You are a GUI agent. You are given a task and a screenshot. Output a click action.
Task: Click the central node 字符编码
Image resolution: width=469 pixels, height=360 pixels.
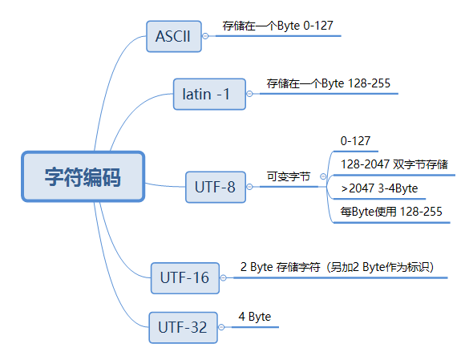click(x=83, y=177)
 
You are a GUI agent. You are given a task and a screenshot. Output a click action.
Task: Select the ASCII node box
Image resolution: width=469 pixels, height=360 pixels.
click(x=174, y=37)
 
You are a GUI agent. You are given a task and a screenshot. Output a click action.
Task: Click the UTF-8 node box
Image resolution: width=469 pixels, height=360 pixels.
click(x=215, y=187)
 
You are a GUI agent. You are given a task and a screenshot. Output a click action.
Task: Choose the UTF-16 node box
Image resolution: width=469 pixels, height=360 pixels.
click(x=184, y=278)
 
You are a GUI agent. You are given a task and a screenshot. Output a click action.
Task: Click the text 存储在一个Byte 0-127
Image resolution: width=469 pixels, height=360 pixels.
click(x=277, y=26)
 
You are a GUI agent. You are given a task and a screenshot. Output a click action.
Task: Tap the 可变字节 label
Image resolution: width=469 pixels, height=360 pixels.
click(x=288, y=176)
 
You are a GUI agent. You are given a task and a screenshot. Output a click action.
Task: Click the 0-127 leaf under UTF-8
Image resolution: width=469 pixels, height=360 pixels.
click(x=355, y=141)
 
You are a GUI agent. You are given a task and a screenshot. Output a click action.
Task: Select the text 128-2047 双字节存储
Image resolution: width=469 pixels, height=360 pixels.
click(x=394, y=164)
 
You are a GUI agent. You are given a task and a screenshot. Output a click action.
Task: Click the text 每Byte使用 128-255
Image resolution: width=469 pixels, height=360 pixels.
click(x=390, y=212)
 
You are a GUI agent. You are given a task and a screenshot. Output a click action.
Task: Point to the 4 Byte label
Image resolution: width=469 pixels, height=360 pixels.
click(x=254, y=317)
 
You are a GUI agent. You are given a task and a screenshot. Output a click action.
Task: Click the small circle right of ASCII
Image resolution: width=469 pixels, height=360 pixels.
click(x=205, y=36)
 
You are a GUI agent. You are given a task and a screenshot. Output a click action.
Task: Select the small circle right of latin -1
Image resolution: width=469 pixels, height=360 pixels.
click(x=249, y=95)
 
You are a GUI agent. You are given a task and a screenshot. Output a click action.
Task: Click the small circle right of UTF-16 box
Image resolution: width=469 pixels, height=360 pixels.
click(x=222, y=278)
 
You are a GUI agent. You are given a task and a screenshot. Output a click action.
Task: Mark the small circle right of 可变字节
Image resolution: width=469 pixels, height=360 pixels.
click(x=322, y=176)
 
